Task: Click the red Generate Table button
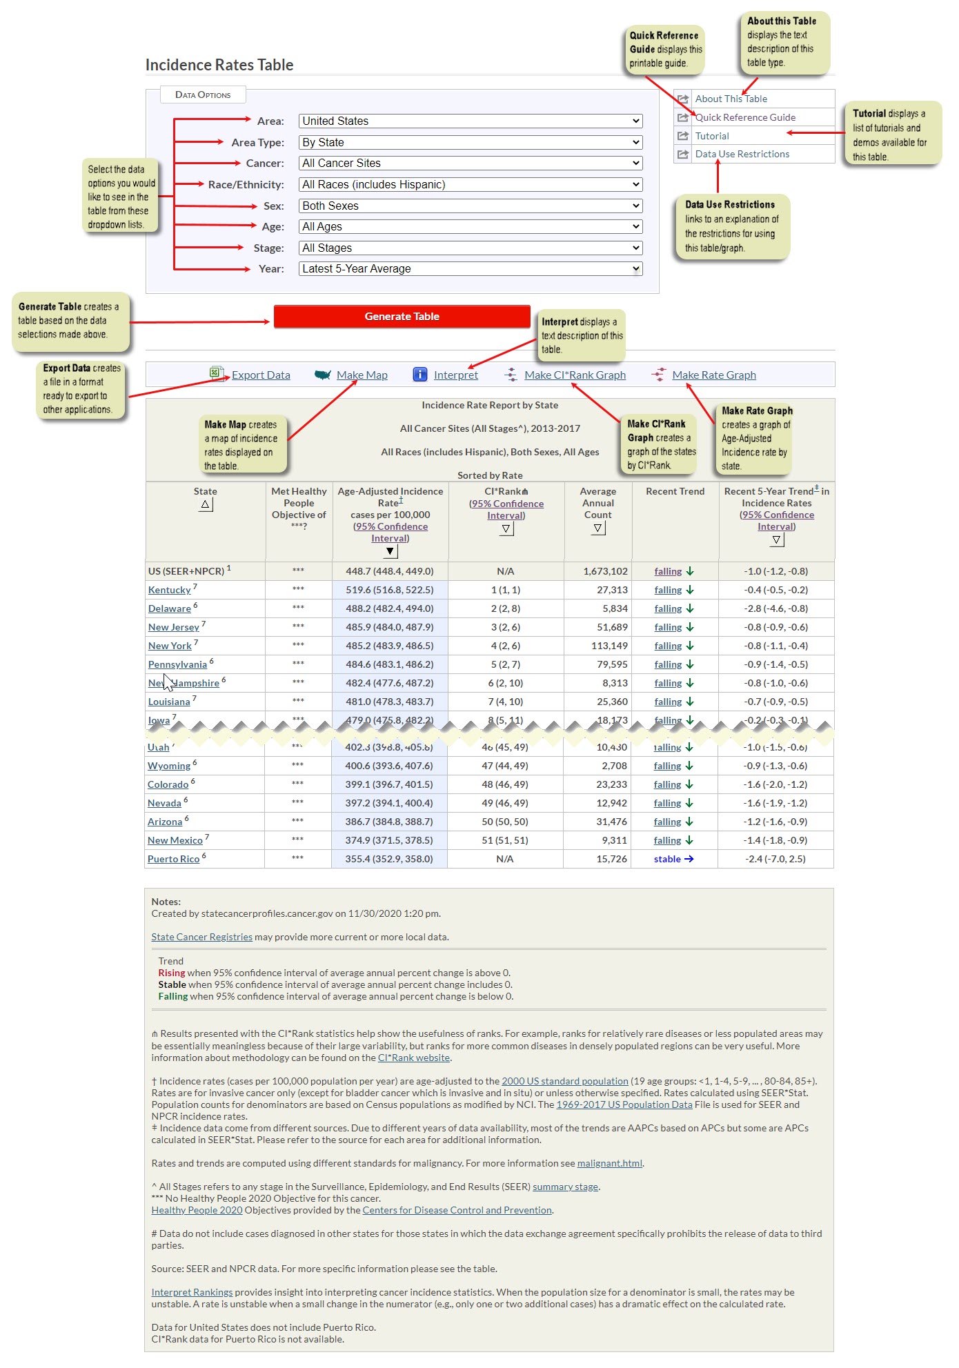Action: point(402,317)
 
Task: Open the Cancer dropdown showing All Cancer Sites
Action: point(470,163)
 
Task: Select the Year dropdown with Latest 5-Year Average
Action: point(470,269)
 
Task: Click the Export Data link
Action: point(261,375)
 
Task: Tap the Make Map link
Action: point(362,375)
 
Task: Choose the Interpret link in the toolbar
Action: point(455,375)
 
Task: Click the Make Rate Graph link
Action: point(713,375)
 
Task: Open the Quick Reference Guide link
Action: point(745,117)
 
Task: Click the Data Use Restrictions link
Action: point(742,154)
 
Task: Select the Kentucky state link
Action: point(169,591)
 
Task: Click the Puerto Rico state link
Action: point(173,860)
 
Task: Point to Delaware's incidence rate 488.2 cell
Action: point(390,608)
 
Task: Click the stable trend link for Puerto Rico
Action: point(667,859)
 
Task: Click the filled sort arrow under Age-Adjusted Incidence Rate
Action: point(390,551)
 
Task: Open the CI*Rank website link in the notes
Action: point(414,1058)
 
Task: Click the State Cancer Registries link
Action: point(201,937)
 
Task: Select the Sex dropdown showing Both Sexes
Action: point(470,206)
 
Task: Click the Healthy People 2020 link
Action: point(197,1210)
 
